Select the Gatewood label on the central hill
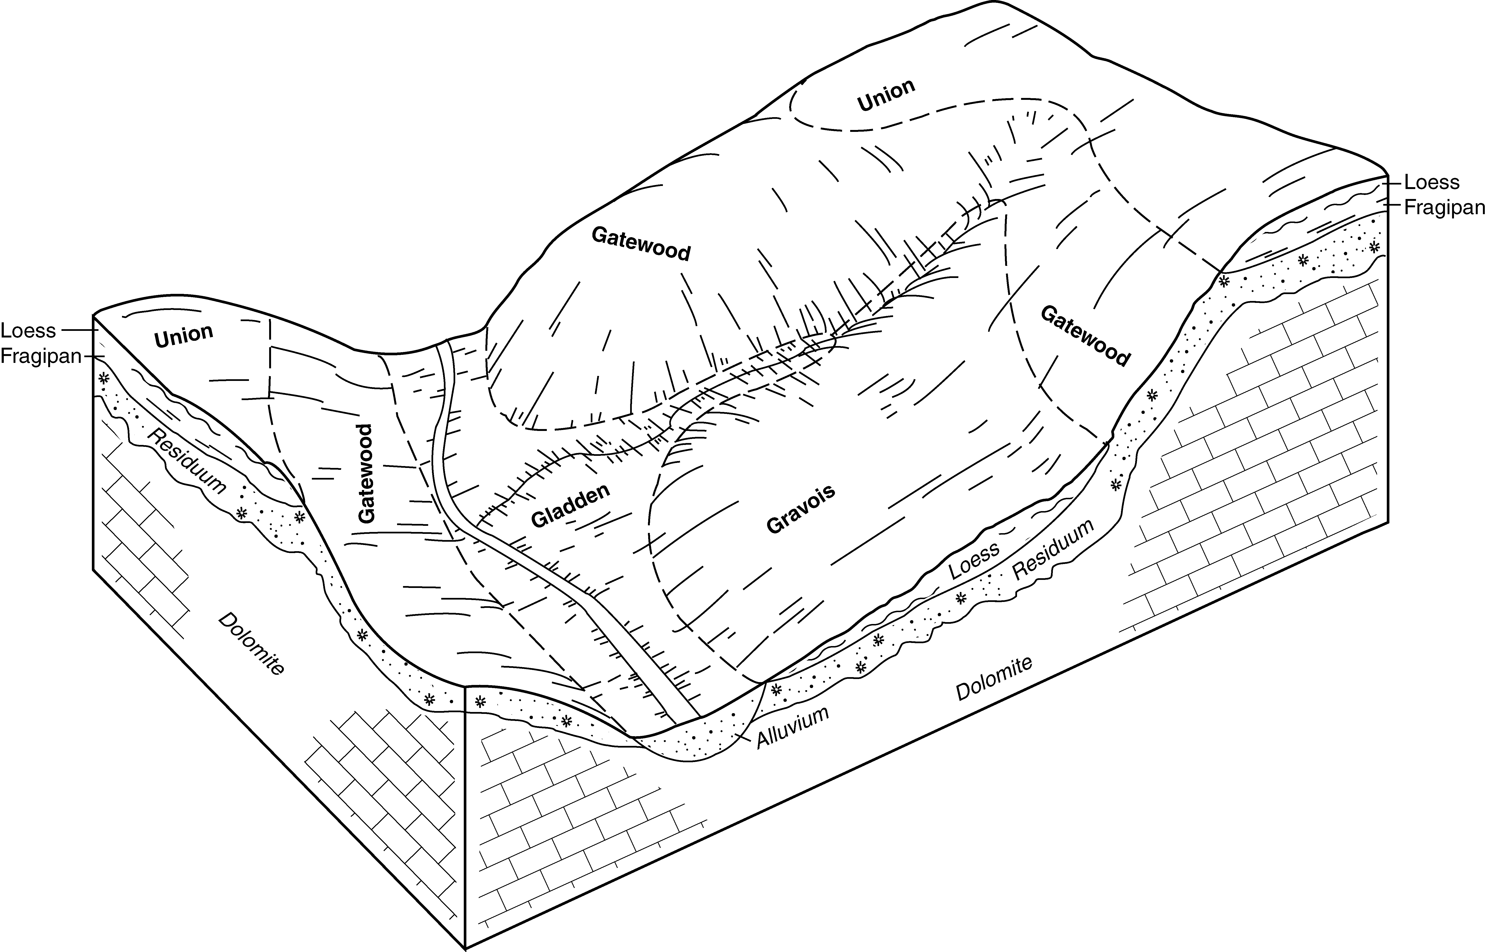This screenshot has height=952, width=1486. (x=641, y=244)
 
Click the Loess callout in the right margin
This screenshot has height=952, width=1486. (x=1432, y=182)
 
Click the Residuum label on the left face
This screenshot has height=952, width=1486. (x=186, y=461)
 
